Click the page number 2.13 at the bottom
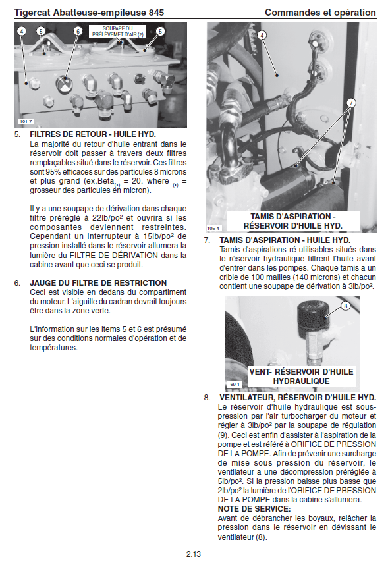tap(193, 554)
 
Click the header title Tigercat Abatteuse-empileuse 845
tap(89, 13)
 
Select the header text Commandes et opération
tap(320, 13)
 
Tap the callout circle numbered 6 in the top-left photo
tap(78, 31)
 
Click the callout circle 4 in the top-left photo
tap(22, 31)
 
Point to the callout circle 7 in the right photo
tap(351, 103)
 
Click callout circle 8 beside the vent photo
tap(345, 306)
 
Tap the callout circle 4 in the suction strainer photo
tap(262, 35)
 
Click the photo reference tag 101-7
tap(26, 121)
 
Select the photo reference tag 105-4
tap(213, 228)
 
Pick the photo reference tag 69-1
tap(235, 385)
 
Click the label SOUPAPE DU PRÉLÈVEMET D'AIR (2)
tap(117, 32)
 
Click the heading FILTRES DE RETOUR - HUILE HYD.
tap(93, 134)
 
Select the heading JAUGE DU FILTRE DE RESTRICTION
tap(98, 283)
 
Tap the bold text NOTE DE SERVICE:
tap(254, 509)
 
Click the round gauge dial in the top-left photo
tap(65, 84)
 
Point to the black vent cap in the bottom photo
tap(313, 316)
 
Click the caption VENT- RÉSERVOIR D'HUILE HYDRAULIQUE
tap(302, 377)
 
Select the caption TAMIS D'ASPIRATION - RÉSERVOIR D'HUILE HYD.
tap(292, 221)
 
